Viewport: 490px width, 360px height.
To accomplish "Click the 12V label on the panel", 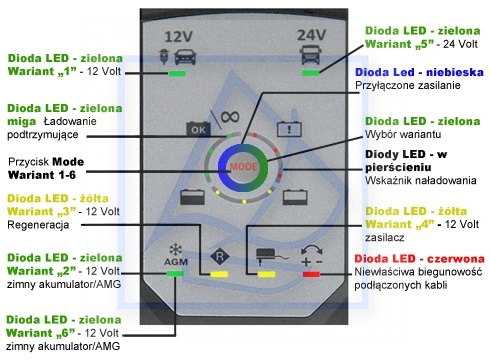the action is [178, 36].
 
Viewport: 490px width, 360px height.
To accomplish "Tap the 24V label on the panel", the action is [311, 34].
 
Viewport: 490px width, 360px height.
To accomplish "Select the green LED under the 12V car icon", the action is [177, 73].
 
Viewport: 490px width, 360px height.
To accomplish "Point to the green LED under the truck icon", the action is [311, 73].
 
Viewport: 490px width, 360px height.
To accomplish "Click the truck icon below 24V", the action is [312, 54].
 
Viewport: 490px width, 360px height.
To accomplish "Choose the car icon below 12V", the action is [185, 57].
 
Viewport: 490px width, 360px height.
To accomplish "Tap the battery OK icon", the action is [198, 129].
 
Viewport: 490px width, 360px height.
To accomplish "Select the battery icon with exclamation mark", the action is [289, 129].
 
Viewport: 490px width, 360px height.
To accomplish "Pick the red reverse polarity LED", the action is [311, 274].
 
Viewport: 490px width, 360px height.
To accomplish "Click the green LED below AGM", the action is [175, 274].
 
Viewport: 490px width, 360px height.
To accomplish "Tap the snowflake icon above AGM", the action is [175, 249].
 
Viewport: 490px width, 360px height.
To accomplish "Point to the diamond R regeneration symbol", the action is [220, 257].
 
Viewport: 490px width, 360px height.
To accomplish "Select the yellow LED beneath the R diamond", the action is [219, 274].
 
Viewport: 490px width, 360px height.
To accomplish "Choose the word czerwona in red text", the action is [456, 259].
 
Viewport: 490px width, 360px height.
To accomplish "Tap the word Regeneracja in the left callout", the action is [38, 225].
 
